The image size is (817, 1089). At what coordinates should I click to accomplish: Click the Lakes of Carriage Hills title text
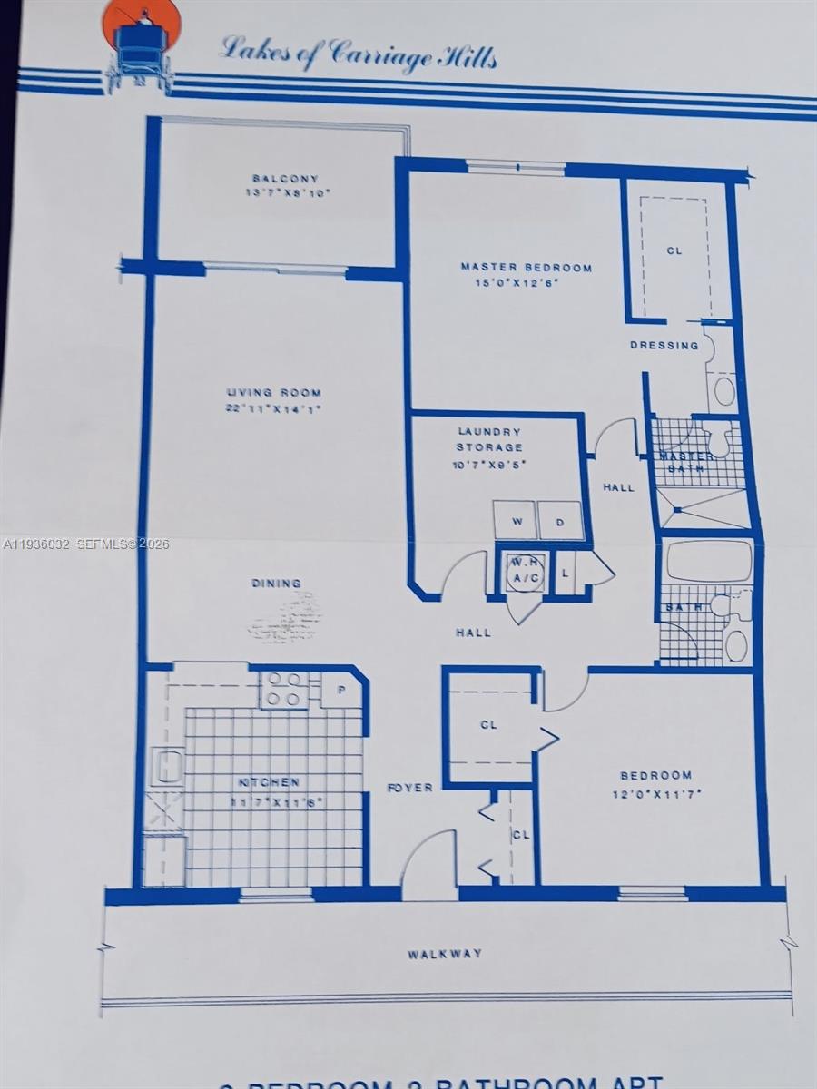(359, 54)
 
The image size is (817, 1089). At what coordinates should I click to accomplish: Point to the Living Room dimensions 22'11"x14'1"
(273, 409)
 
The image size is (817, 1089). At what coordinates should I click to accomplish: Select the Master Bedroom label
(526, 268)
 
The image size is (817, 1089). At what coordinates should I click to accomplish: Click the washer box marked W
(514, 521)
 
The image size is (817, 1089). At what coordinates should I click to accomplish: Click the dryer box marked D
(560, 521)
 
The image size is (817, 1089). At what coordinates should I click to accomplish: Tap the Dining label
(277, 584)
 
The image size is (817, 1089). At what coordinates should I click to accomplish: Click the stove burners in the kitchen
(284, 690)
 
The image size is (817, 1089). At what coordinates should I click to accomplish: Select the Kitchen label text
(269, 782)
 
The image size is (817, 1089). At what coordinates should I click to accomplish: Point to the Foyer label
(409, 788)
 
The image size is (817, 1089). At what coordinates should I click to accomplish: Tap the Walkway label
(445, 954)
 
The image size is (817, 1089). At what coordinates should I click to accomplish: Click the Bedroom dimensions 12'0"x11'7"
(655, 793)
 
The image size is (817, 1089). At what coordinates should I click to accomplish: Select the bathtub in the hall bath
(709, 561)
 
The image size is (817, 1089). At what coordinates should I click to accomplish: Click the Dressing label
(664, 346)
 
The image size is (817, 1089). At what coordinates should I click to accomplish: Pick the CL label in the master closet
(674, 250)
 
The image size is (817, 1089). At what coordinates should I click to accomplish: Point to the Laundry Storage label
(489, 439)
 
